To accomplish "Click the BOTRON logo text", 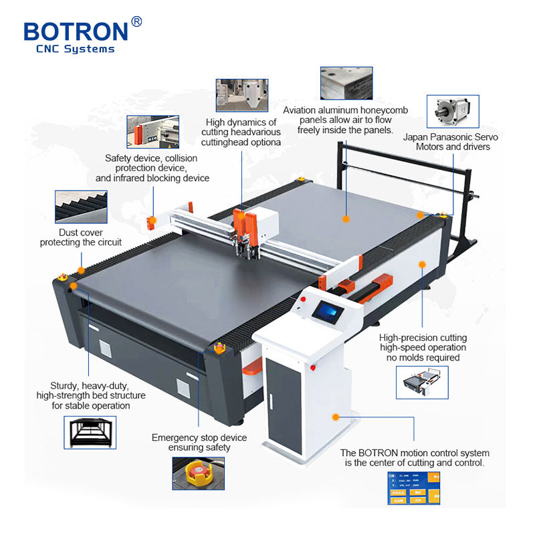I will [x=75, y=31].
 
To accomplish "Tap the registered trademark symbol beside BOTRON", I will [x=137, y=21].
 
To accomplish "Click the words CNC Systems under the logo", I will [x=75, y=49].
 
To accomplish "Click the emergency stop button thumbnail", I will [x=199, y=473].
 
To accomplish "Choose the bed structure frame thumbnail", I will [x=90, y=432].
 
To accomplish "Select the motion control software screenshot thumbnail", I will [x=414, y=488].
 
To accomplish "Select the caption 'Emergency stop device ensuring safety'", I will [x=199, y=442].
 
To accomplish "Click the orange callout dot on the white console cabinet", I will [x=332, y=417].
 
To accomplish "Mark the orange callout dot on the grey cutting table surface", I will [x=346, y=219].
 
